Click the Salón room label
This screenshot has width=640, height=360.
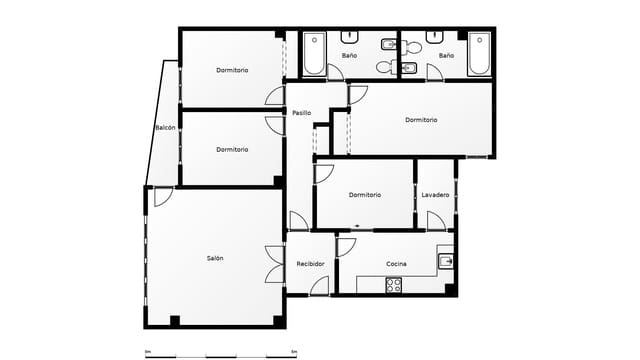(215, 258)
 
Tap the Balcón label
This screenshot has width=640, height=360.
(166, 128)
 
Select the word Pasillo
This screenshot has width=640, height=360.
(301, 112)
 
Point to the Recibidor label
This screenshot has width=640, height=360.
(310, 264)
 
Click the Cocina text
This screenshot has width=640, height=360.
(396, 264)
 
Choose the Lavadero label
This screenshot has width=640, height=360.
(435, 194)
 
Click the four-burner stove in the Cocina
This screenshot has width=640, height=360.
(393, 284)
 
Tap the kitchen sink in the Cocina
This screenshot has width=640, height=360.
(445, 261)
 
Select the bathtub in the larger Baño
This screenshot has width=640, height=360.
(313, 54)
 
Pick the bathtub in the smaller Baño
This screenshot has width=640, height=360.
(479, 54)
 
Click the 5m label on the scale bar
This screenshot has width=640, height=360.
(293, 351)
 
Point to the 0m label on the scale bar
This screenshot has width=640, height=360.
(148, 351)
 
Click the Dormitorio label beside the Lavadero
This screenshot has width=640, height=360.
(364, 194)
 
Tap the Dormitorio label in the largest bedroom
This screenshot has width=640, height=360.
(421, 120)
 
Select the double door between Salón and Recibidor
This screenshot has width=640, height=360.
(273, 265)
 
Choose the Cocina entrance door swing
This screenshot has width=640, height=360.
(346, 246)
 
